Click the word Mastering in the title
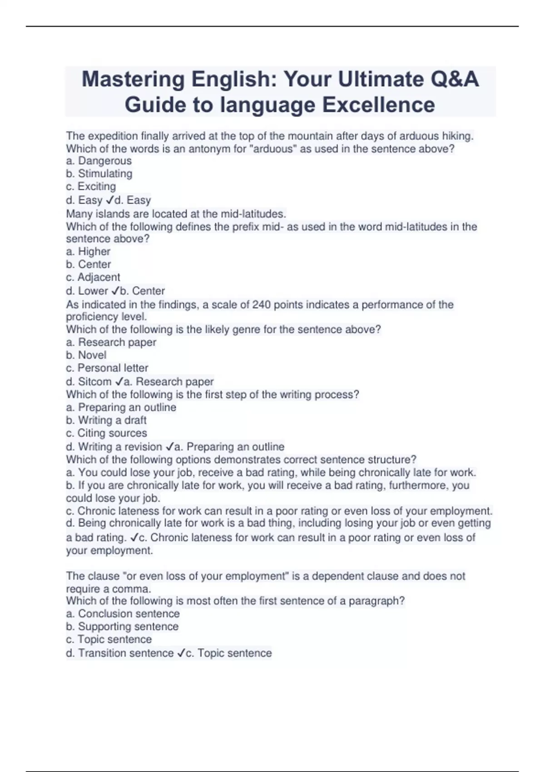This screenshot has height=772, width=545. point(132,80)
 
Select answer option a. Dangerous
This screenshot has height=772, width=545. point(99,161)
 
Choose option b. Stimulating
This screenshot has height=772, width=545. point(99,173)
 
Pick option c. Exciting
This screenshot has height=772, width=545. point(91,186)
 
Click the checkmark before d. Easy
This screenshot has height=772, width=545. point(109,200)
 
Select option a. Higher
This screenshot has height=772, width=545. point(89,252)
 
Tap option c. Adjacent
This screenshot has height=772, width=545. point(93,277)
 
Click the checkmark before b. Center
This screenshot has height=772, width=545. point(115,291)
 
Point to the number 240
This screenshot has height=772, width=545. point(262,304)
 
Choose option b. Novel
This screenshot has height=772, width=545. point(86,355)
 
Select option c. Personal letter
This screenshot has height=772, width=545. point(107,368)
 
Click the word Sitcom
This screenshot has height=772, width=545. point(94,381)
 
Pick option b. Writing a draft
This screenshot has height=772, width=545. point(106,420)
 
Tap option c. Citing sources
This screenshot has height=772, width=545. point(107,433)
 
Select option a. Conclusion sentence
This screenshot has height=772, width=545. point(123,614)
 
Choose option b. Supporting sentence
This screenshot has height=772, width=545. point(123,626)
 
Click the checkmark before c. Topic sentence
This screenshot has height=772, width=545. point(181,653)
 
